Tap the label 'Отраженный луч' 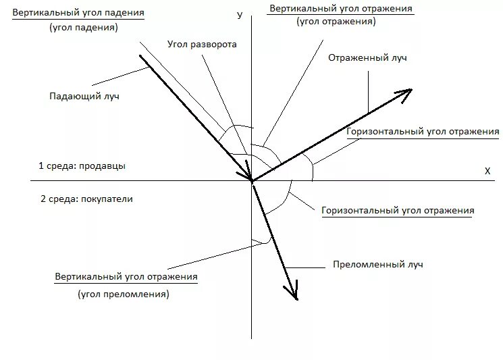pyautogui.click(x=367, y=58)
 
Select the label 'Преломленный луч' pyautogui.click(x=378, y=264)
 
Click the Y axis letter pyautogui.click(x=240, y=14)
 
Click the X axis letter pyautogui.click(x=487, y=171)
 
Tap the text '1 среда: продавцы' pyautogui.click(x=82, y=165)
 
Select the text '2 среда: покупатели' pyautogui.click(x=87, y=199)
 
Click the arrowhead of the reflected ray pyautogui.click(x=406, y=91)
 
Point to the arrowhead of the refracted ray pyautogui.click(x=293, y=294)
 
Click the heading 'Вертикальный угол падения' pyautogui.click(x=78, y=13)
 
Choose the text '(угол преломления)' pyautogui.click(x=124, y=294)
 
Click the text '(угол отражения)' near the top pyautogui.click(x=336, y=22)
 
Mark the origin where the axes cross pyautogui.click(x=251, y=180)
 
